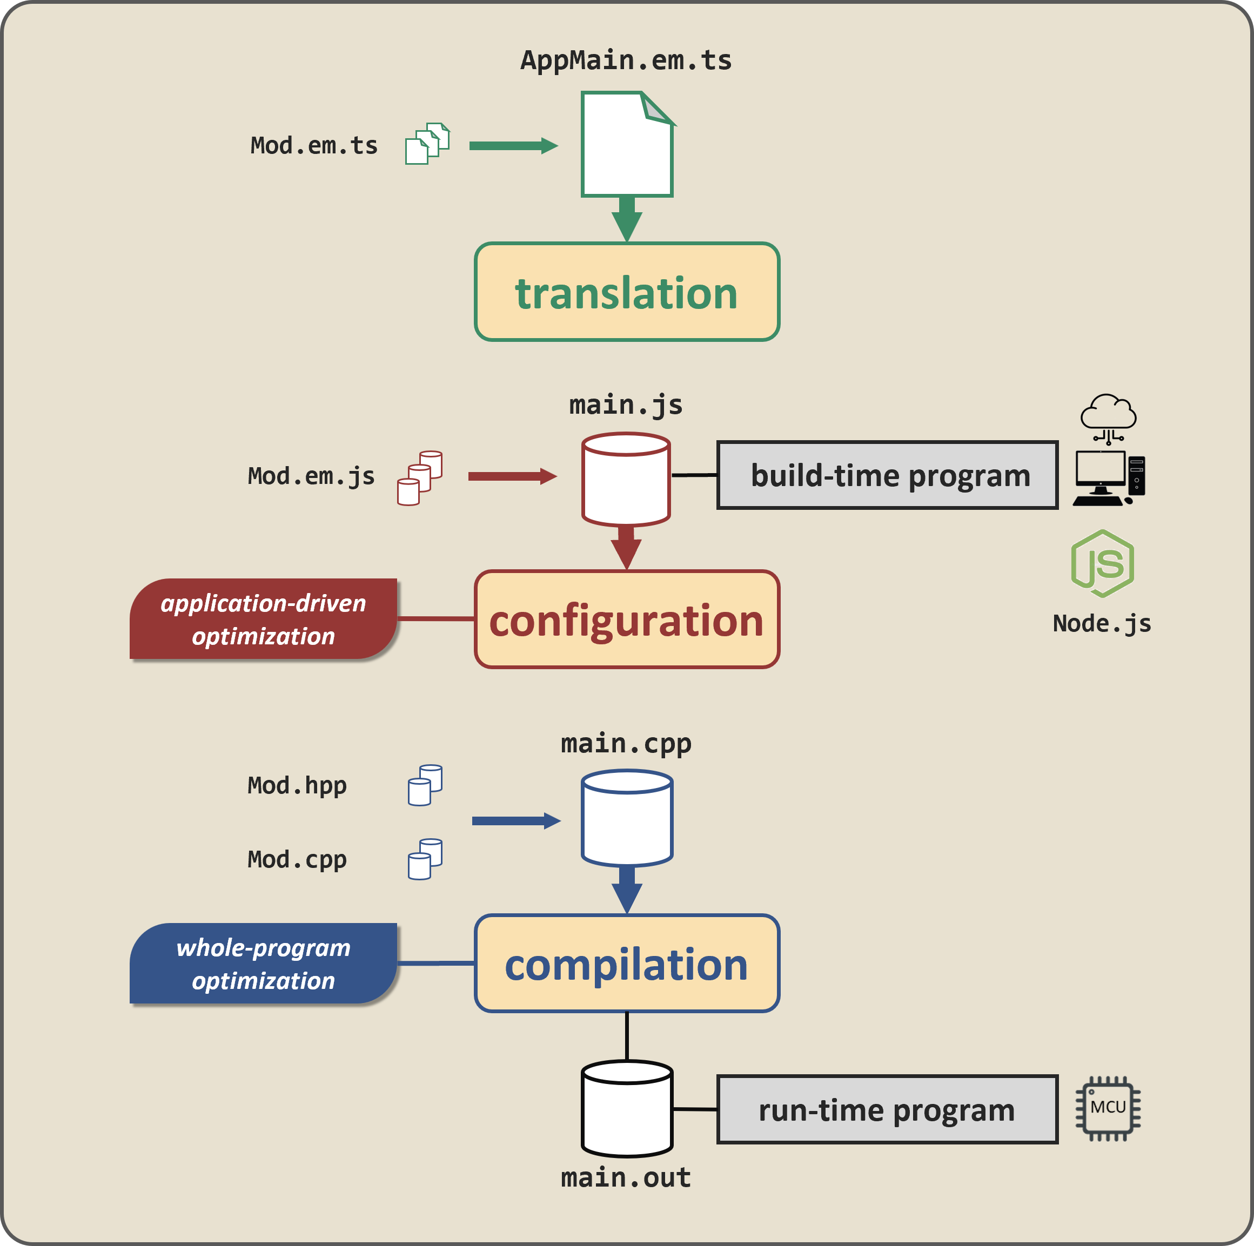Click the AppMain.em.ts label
coord(626,60)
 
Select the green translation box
coord(626,292)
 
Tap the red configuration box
coord(626,619)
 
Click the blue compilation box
coord(626,963)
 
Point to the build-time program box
coord(887,475)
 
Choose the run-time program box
coord(887,1110)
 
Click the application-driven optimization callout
coord(263,619)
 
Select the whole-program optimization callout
coord(263,964)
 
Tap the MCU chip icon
coord(1108,1108)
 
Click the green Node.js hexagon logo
coord(1102,563)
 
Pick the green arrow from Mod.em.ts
coord(513,145)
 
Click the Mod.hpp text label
coord(297,785)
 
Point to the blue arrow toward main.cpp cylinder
coord(515,821)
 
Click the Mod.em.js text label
coord(311,476)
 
